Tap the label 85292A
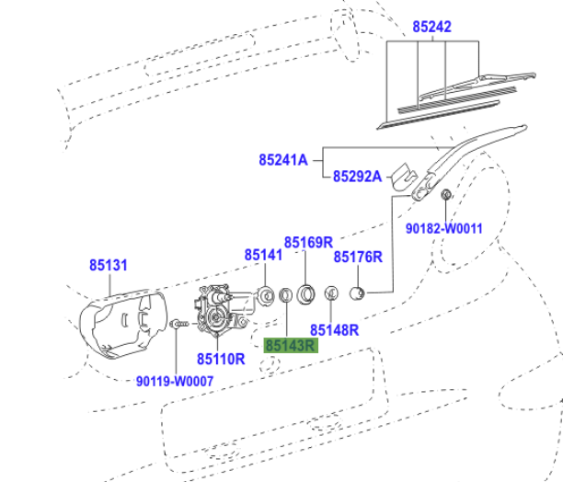[x=357, y=176]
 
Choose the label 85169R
[x=307, y=243]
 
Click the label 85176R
[x=357, y=258]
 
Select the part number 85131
[x=109, y=265]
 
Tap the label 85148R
[x=334, y=328]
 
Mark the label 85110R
[x=221, y=358]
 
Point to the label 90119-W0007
[x=175, y=380]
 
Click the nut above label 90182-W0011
[x=445, y=195]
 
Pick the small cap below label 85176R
[x=359, y=294]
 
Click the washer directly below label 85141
[x=264, y=295]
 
